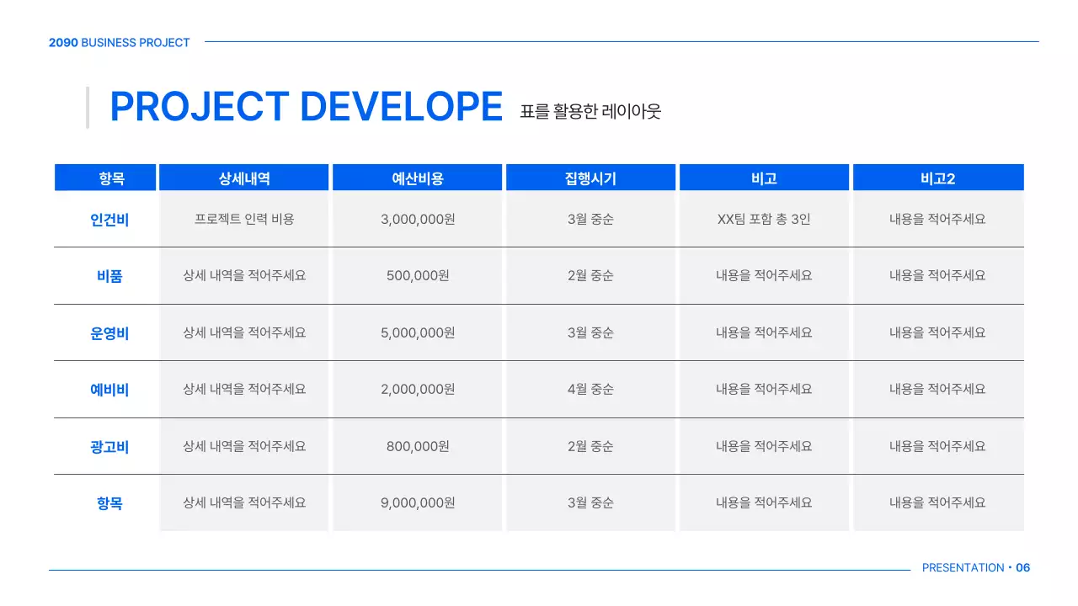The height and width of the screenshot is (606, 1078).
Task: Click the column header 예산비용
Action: (x=418, y=178)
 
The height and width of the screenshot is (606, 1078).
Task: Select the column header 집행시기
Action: (x=590, y=178)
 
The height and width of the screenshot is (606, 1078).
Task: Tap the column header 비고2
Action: (x=937, y=178)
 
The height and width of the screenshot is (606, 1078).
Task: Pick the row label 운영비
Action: (x=109, y=333)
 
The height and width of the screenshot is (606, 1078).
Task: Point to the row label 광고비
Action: (x=109, y=447)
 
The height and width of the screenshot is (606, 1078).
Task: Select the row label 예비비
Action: (x=109, y=390)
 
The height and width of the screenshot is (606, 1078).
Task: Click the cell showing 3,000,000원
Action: (x=418, y=220)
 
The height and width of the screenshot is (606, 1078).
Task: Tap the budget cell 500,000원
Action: (x=418, y=276)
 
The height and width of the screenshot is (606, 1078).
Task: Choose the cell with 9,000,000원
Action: (x=418, y=503)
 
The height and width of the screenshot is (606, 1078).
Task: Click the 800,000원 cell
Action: (x=418, y=447)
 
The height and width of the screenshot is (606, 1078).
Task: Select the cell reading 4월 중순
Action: (x=590, y=390)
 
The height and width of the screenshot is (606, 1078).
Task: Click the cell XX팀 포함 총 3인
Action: (x=764, y=220)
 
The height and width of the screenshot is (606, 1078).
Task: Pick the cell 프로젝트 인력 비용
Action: (x=244, y=220)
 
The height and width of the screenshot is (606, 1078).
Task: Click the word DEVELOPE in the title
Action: (x=401, y=107)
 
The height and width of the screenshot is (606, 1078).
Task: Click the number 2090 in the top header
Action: (x=63, y=43)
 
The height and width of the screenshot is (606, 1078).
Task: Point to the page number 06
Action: (x=1023, y=568)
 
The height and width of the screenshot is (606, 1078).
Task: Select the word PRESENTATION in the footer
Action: (x=963, y=568)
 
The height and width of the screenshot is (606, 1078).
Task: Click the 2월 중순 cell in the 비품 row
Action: (x=590, y=276)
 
